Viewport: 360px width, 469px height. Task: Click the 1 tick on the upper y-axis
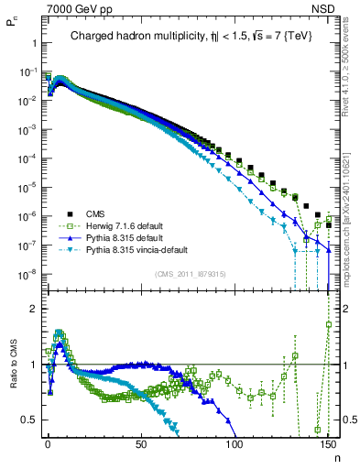33,42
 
